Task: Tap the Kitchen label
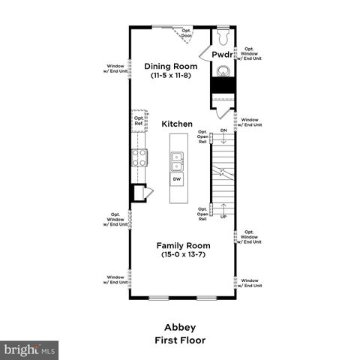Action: pyautogui.click(x=177, y=124)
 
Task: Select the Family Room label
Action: pyautogui.click(x=183, y=245)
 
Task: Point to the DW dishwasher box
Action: pyautogui.click(x=177, y=179)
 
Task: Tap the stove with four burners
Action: pyautogui.click(x=139, y=157)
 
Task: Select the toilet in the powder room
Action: pyautogui.click(x=222, y=35)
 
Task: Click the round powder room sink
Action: pyautogui.click(x=223, y=72)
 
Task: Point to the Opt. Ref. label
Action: pyautogui.click(x=139, y=120)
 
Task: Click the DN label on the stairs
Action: pyautogui.click(x=223, y=130)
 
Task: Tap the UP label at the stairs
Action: pyautogui.click(x=223, y=217)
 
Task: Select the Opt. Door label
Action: pyautogui.click(x=186, y=33)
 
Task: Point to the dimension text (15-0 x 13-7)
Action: pyautogui.click(x=183, y=255)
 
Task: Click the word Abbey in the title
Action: pyautogui.click(x=179, y=327)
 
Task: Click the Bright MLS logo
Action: pyautogui.click(x=30, y=349)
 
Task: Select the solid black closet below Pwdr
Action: pyautogui.click(x=223, y=87)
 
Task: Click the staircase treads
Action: pyautogui.click(x=223, y=174)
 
